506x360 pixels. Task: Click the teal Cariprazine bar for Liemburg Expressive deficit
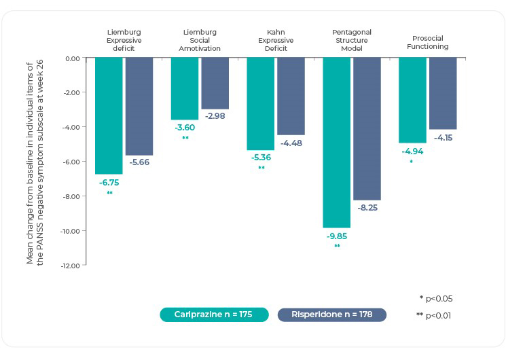[109, 115]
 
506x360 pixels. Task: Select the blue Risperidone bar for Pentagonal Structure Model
[367, 128]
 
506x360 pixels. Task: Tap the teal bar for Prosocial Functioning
[412, 100]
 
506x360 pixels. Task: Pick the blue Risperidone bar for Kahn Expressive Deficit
[291, 96]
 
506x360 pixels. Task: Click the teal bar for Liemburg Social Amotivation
[185, 88]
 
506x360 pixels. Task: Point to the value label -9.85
[337, 236]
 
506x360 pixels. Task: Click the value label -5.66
[139, 162]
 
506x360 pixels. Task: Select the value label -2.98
[215, 116]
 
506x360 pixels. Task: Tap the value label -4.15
[443, 138]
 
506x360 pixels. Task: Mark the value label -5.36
[261, 158]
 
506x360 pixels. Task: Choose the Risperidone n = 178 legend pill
[332, 314]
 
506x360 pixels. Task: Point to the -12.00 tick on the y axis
[70, 266]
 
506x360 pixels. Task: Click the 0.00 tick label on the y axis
[72, 58]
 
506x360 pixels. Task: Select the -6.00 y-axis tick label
[71, 162]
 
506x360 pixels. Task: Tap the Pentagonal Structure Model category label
[352, 39]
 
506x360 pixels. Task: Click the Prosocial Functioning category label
[431, 42]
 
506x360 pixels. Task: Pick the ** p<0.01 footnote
[433, 316]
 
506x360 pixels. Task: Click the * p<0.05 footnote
[436, 298]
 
